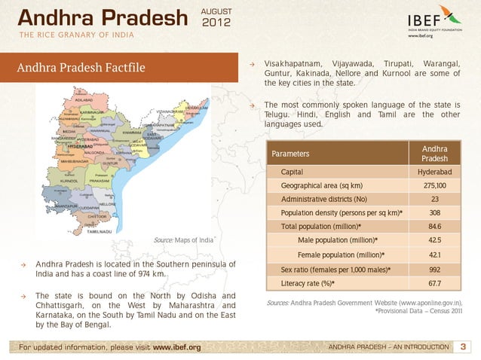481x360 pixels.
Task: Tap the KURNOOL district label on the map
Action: click(x=69, y=182)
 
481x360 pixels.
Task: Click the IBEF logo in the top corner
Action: click(x=434, y=20)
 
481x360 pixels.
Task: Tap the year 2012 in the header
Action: click(x=216, y=24)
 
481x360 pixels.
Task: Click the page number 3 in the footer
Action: click(x=463, y=346)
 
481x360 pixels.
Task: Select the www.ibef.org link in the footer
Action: click(x=176, y=347)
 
